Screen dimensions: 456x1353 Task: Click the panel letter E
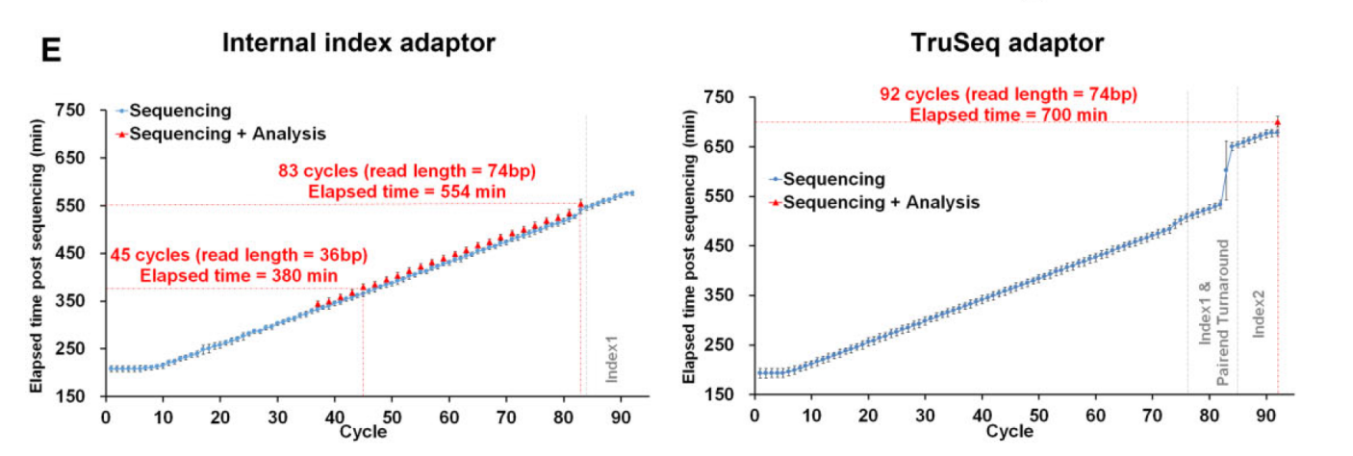(x=50, y=51)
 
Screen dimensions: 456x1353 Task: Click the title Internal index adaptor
(x=359, y=42)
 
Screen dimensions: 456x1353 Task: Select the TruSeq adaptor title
(x=1008, y=42)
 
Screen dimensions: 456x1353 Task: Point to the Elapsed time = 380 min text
(x=239, y=274)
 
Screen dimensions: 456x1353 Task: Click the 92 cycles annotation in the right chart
(x=1008, y=94)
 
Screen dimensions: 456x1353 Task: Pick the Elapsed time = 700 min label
(x=1008, y=114)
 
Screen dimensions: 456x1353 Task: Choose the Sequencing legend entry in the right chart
(x=833, y=178)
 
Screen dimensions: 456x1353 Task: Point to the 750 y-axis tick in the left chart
(x=71, y=112)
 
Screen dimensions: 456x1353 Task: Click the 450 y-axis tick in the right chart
(x=721, y=245)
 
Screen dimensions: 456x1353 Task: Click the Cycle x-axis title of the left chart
(x=364, y=432)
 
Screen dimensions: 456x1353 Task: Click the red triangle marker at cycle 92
(x=1277, y=123)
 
